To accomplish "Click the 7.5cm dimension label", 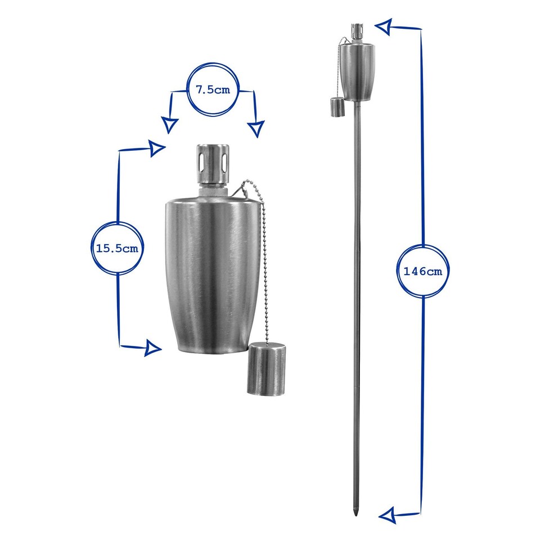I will (x=213, y=90).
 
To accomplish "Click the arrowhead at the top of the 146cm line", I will (x=384, y=25).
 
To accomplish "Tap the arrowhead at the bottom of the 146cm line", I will (x=386, y=514).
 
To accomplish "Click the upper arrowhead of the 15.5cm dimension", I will (x=157, y=148).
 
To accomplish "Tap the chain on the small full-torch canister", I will (x=340, y=67).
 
